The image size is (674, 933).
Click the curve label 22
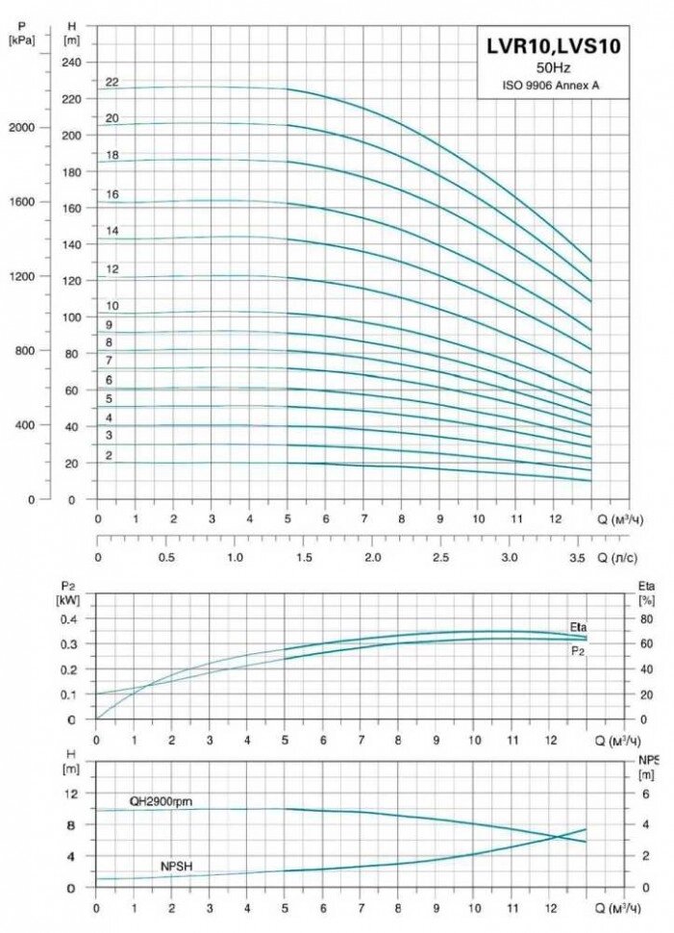pyautogui.click(x=112, y=82)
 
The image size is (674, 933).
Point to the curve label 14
pyautogui.click(x=112, y=231)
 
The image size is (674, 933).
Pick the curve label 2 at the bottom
pyautogui.click(x=110, y=454)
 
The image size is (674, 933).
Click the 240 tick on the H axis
pyautogui.click(x=71, y=62)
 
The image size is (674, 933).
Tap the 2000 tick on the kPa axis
pyautogui.click(x=21, y=127)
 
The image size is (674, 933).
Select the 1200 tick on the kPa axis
pyautogui.click(x=21, y=276)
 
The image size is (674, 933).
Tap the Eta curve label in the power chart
pyautogui.click(x=578, y=627)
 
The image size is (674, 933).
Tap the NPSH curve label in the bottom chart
pyautogui.click(x=176, y=867)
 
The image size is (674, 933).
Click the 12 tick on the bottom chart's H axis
pyautogui.click(x=69, y=794)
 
